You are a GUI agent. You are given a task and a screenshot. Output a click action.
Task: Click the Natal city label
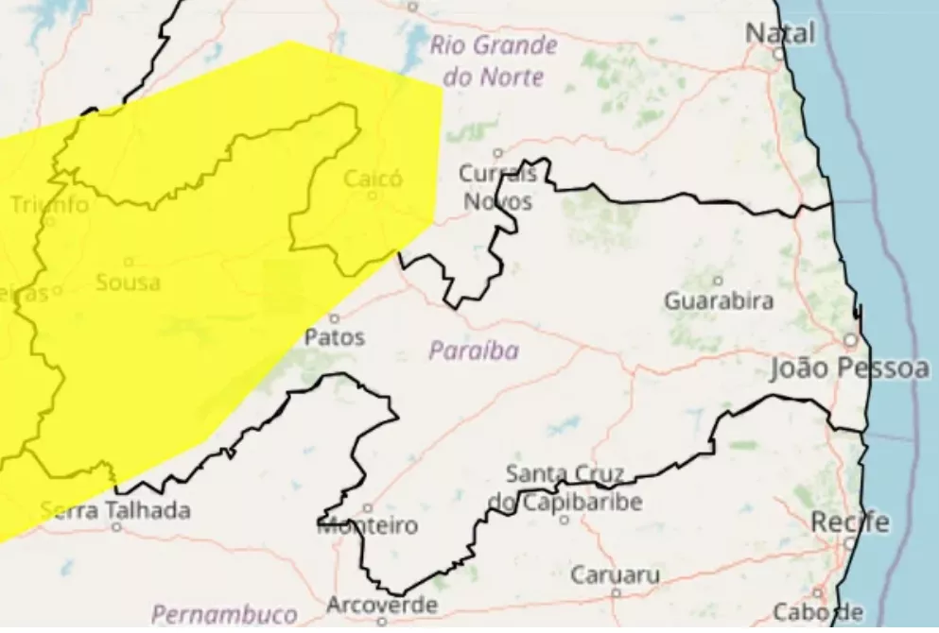click(x=780, y=33)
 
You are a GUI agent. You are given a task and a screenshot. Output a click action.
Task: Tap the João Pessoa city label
click(x=849, y=368)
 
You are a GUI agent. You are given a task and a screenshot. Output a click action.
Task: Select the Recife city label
click(x=850, y=522)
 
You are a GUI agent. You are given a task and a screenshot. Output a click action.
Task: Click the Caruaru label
click(x=616, y=574)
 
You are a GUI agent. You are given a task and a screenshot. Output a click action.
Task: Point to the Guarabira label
click(x=719, y=302)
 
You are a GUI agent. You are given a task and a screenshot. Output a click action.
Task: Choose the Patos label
click(x=335, y=337)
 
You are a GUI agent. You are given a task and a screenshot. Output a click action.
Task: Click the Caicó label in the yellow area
click(x=373, y=178)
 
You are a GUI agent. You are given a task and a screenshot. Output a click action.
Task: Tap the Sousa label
click(x=129, y=282)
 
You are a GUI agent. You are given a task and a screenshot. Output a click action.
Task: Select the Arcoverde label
click(x=382, y=605)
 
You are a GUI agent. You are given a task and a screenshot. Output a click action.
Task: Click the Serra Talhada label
click(x=115, y=511)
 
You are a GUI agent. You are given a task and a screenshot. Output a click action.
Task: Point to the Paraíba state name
click(x=474, y=351)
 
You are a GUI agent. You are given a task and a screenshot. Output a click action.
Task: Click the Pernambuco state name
click(x=212, y=613)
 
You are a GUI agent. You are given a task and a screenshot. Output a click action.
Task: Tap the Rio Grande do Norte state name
click(x=494, y=60)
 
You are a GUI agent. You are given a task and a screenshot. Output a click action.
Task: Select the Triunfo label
click(x=49, y=204)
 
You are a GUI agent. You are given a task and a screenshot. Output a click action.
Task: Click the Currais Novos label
click(x=497, y=187)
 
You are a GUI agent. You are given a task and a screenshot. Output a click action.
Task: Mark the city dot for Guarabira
click(x=718, y=281)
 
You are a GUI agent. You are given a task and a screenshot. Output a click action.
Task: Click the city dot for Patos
click(x=335, y=318)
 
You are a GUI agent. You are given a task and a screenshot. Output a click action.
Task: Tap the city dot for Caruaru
click(x=616, y=593)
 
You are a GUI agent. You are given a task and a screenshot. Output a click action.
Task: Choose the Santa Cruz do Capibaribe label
click(x=565, y=488)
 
